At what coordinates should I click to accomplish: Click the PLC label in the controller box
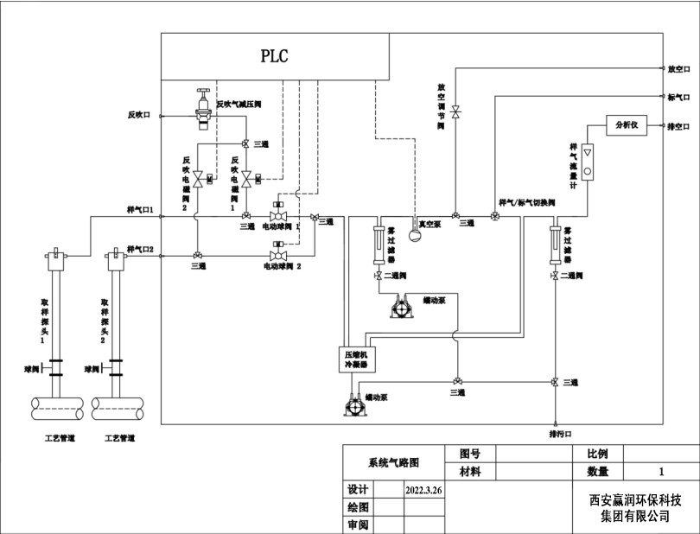(274, 57)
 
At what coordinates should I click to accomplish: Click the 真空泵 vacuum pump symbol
(414, 233)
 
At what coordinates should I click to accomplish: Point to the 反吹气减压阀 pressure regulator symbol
(204, 109)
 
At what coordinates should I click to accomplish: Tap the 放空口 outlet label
(678, 68)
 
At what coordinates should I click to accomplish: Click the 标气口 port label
(678, 97)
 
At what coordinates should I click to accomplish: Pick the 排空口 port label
(678, 126)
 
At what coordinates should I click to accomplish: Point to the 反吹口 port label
(139, 114)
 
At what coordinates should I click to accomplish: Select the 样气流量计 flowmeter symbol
(588, 162)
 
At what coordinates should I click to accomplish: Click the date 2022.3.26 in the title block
(423, 490)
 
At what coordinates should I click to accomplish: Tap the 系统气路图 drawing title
(393, 462)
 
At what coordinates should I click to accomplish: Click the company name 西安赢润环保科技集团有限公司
(636, 508)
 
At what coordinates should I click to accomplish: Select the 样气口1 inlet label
(139, 210)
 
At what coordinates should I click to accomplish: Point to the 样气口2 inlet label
(139, 250)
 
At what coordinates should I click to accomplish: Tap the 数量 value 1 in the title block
(661, 472)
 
